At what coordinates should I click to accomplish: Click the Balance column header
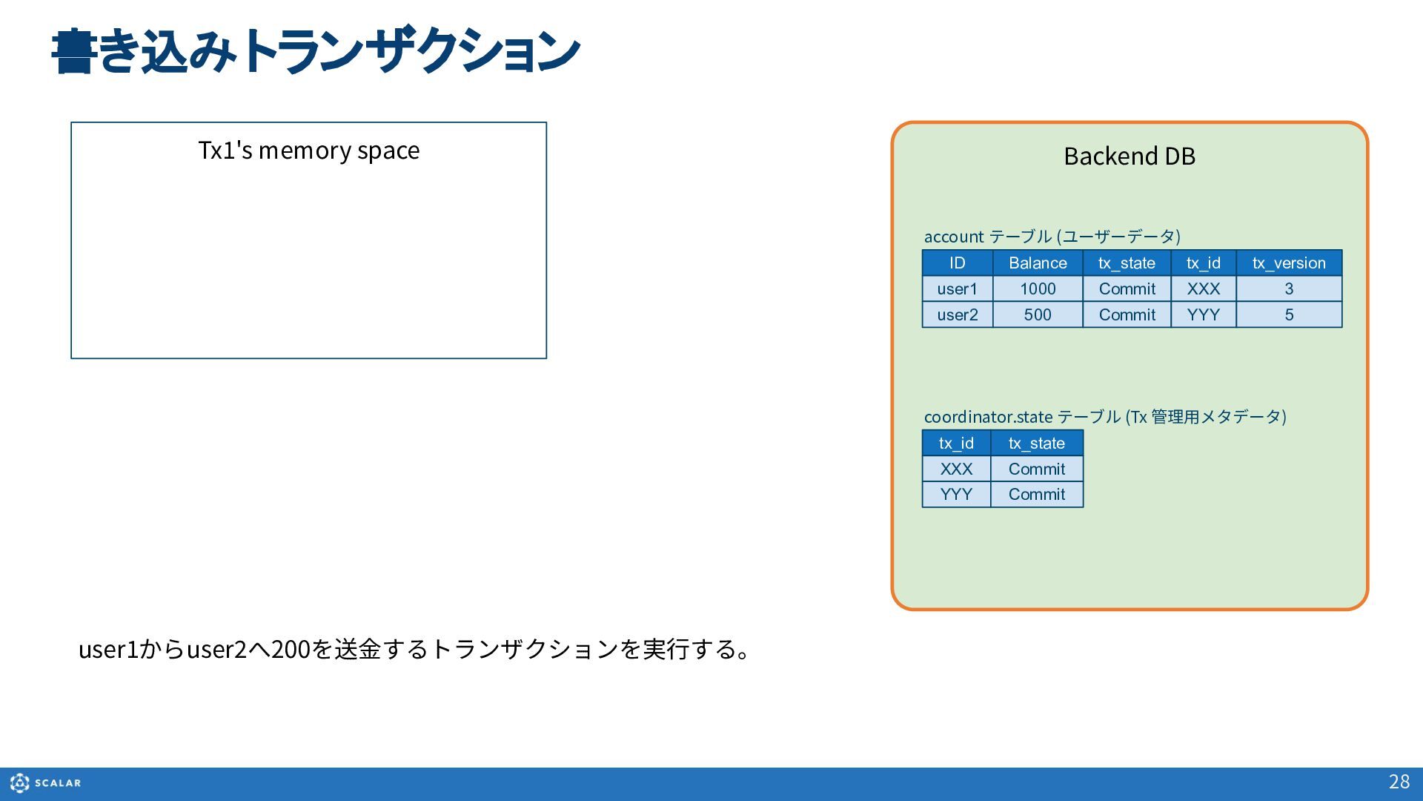[1038, 263]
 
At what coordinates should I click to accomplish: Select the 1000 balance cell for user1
[1038, 289]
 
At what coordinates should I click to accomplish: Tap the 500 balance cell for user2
[1038, 315]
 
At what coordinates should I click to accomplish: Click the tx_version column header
[1289, 263]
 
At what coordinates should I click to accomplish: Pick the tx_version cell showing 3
[1289, 289]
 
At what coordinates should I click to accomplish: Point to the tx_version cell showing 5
[1289, 315]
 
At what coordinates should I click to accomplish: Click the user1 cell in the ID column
[958, 289]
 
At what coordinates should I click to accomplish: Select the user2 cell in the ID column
[958, 315]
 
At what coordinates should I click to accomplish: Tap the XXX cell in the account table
[1204, 289]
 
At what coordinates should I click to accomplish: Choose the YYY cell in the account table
[1204, 315]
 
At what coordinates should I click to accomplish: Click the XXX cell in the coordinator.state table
[956, 469]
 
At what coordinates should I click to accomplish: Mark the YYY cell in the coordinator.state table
[956, 495]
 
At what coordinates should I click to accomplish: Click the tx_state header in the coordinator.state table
[1037, 444]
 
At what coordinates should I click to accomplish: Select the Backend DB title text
[1130, 156]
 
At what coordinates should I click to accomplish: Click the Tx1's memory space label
[309, 151]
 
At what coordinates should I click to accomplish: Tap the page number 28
[1399, 782]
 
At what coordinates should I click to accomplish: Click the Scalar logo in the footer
[46, 782]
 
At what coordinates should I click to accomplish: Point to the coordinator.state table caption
[1105, 417]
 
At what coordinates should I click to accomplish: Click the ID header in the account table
[958, 263]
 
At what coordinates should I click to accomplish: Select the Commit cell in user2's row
[1127, 315]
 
